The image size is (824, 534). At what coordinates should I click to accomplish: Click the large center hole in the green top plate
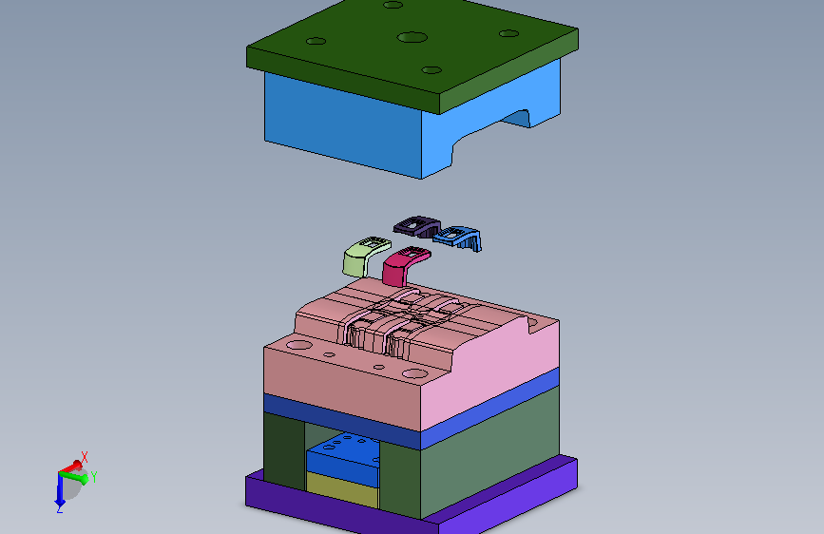coord(412,37)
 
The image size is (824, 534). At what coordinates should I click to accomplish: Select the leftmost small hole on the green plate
coord(316,41)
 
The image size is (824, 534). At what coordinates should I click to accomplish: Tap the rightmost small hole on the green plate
coord(508,33)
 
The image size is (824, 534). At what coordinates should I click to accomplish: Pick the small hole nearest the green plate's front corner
coord(431,70)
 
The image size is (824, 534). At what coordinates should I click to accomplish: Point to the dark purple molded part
coord(417,226)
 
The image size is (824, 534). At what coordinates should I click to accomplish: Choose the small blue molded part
coord(458,238)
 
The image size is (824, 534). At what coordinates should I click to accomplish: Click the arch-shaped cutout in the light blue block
coord(489,129)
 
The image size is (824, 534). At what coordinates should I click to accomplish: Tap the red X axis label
coord(84,457)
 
